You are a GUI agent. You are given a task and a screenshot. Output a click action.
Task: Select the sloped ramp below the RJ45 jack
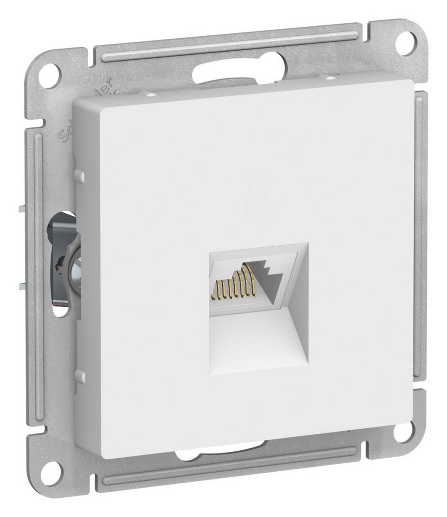coord(258,340)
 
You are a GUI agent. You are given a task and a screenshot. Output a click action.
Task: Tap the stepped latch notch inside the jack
coord(269,271)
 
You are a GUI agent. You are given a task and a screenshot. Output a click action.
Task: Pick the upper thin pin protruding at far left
coord(22,209)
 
